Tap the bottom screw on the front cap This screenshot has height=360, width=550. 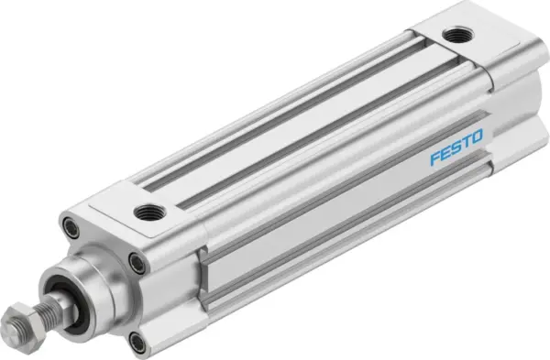coord(137,342)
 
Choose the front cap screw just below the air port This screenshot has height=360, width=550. coord(137,264)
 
